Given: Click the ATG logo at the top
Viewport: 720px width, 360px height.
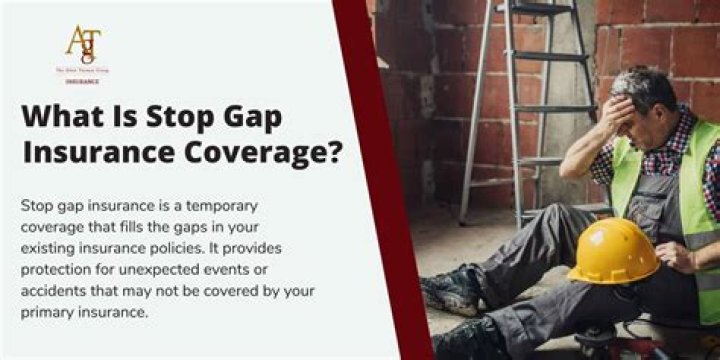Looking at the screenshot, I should click(83, 44).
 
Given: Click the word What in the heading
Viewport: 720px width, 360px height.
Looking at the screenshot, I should click(64, 118).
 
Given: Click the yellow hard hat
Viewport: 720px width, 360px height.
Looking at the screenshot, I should click(613, 251).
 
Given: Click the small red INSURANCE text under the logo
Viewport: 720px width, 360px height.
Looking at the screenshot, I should click(83, 79).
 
